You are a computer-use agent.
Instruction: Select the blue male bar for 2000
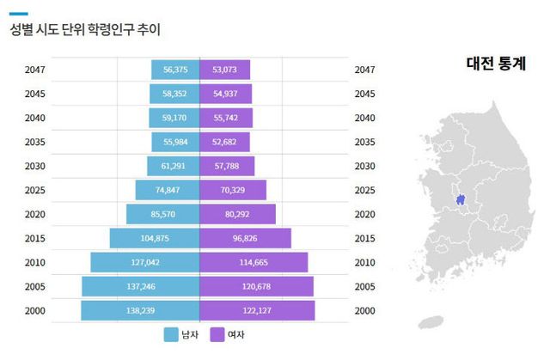(x=140, y=310)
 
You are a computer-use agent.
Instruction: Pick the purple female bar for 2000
(x=257, y=310)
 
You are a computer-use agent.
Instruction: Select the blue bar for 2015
(x=155, y=238)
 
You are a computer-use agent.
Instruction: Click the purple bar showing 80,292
(x=237, y=214)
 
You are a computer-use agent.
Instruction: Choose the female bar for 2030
(x=228, y=166)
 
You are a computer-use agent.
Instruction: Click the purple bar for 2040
(x=226, y=118)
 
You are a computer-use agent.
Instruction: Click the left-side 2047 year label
(x=36, y=70)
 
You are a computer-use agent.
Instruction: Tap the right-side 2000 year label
(x=364, y=310)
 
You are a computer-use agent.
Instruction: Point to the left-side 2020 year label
(x=36, y=214)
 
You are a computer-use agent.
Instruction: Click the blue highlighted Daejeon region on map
(x=461, y=201)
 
